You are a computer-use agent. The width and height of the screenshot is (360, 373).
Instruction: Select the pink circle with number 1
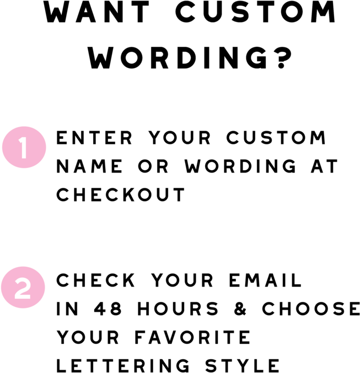click(24, 147)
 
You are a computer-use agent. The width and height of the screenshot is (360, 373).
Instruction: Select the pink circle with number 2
click(23, 288)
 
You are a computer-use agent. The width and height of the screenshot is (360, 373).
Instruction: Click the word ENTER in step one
click(94, 138)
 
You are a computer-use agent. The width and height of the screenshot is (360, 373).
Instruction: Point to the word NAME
click(89, 166)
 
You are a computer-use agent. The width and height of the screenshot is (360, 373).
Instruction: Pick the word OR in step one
click(153, 166)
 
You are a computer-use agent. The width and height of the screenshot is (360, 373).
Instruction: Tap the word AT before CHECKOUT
click(324, 166)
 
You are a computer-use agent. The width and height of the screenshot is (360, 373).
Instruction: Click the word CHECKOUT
click(121, 194)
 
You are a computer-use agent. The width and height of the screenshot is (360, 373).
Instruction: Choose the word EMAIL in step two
click(265, 280)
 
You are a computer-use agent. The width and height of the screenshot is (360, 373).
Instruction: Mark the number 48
click(108, 309)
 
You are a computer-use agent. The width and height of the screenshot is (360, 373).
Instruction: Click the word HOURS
click(178, 309)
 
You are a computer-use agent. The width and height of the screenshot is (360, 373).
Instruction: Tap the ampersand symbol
click(240, 309)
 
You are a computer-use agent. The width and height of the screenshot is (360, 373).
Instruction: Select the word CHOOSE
click(311, 309)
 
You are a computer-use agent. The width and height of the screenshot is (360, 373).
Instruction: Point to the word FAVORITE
click(192, 337)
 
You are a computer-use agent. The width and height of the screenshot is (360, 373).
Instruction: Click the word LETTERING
click(123, 366)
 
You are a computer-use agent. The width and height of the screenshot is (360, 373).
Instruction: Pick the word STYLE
click(243, 366)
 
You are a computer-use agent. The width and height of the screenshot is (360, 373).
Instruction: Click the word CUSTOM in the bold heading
click(255, 12)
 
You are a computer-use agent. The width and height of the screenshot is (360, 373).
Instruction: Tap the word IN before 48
click(67, 309)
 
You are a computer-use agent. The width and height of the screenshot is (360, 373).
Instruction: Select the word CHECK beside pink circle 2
click(96, 280)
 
